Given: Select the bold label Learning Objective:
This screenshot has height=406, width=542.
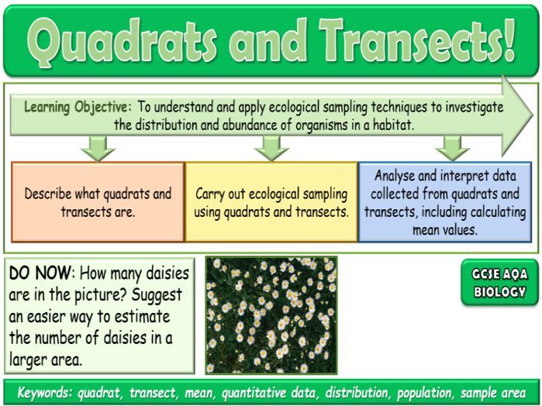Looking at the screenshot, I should click(78, 106).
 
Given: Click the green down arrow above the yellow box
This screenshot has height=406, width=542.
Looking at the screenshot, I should click(271, 146).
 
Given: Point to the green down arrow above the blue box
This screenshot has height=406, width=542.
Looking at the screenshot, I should click(452, 146).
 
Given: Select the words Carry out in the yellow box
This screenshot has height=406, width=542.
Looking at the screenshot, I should click(222, 193).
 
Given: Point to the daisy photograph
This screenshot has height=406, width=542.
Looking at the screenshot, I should click(271, 315).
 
